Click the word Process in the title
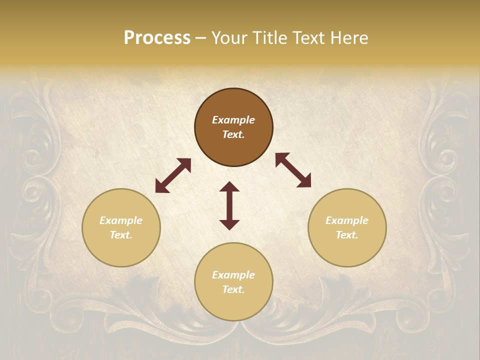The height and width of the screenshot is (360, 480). point(157,38)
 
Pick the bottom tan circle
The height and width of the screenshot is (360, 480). point(233,302)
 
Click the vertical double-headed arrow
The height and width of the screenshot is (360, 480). point(229,205)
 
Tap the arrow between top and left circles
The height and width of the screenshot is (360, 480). point(173,175)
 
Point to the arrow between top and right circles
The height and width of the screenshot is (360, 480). point(293,170)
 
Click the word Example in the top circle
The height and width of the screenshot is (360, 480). point(233,120)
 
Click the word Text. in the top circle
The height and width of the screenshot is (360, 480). point(233,134)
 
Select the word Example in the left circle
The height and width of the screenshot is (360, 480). point(121,220)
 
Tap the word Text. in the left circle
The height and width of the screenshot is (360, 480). point(121,235)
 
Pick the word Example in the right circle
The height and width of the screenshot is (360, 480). point(347,220)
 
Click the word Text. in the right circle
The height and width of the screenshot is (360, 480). point(347,235)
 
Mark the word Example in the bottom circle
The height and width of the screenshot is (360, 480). point(233,275)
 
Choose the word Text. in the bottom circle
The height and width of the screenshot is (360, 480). point(233,289)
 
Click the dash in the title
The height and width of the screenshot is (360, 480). point(201,38)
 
